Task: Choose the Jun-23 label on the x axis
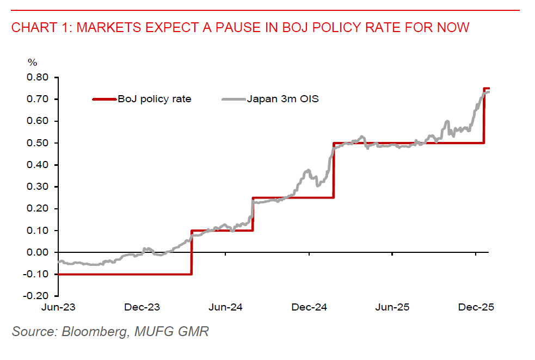click(x=58, y=307)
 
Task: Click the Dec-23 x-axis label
click(x=142, y=307)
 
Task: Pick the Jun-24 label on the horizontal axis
click(x=225, y=307)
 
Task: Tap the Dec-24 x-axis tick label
click(x=309, y=307)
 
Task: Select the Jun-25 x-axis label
click(x=392, y=307)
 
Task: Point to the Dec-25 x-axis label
click(x=476, y=307)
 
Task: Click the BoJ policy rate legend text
click(x=155, y=99)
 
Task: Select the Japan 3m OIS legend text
click(x=282, y=99)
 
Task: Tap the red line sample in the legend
click(x=105, y=99)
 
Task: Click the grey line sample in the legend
click(x=233, y=99)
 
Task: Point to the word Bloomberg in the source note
click(x=90, y=331)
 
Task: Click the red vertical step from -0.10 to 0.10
click(x=192, y=252)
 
